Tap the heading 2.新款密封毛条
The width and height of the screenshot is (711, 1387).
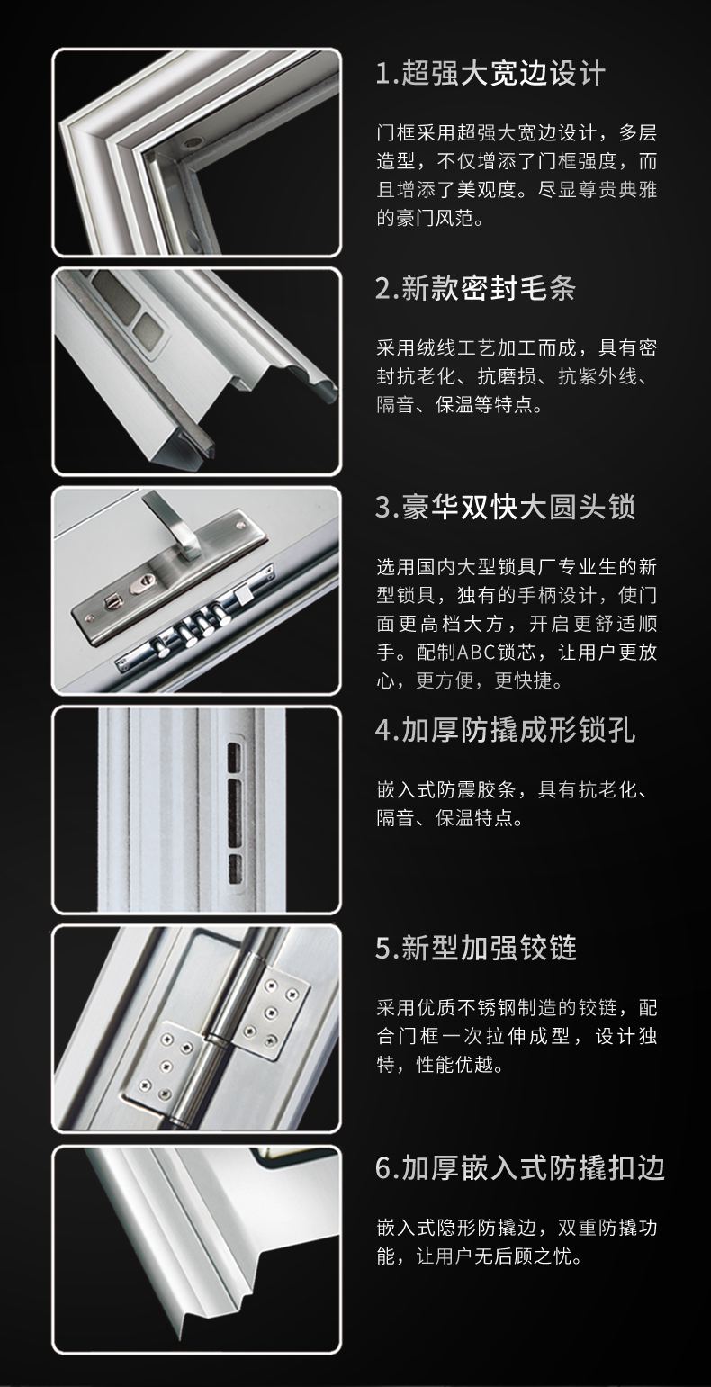[476, 288]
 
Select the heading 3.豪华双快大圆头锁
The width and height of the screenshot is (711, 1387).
[505, 507]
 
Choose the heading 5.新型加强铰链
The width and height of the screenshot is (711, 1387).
[476, 948]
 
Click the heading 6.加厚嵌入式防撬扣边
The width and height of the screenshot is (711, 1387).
[519, 1168]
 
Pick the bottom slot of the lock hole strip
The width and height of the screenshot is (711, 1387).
[235, 869]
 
